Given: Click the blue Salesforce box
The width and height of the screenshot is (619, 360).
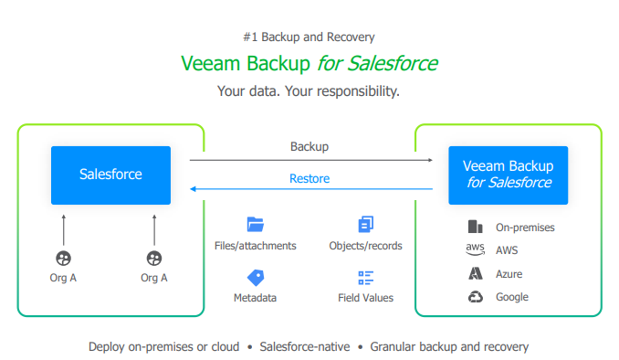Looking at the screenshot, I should click(x=110, y=175).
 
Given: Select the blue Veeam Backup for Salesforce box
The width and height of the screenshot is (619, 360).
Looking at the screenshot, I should click(x=508, y=174).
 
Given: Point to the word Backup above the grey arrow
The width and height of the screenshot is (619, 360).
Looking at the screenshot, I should click(x=309, y=146).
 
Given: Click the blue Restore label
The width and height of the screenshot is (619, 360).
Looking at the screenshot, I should click(x=309, y=178).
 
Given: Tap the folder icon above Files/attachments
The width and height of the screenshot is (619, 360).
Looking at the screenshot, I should click(x=255, y=224).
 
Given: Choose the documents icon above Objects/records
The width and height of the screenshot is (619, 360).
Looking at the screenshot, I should click(x=366, y=224).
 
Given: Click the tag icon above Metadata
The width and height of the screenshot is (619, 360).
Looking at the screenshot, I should click(x=255, y=277).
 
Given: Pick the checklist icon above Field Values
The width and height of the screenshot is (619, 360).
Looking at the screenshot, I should click(x=366, y=277).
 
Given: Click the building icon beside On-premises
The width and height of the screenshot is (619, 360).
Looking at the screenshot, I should click(x=475, y=227).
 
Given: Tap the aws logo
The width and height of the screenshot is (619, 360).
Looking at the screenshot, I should click(x=475, y=249).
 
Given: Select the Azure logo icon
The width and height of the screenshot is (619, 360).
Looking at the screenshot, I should click(x=475, y=273).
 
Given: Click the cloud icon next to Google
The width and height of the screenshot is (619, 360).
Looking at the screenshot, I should click(x=475, y=296).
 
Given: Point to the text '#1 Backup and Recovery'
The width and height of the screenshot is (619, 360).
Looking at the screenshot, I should click(x=309, y=37).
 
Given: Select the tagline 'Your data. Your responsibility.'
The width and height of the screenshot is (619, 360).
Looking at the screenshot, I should click(x=309, y=91).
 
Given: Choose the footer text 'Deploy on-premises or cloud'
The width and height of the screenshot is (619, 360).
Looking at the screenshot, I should click(x=164, y=346).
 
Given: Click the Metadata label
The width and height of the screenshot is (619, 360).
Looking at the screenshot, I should click(x=255, y=298).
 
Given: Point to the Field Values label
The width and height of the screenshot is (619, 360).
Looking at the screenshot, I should click(x=366, y=298).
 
